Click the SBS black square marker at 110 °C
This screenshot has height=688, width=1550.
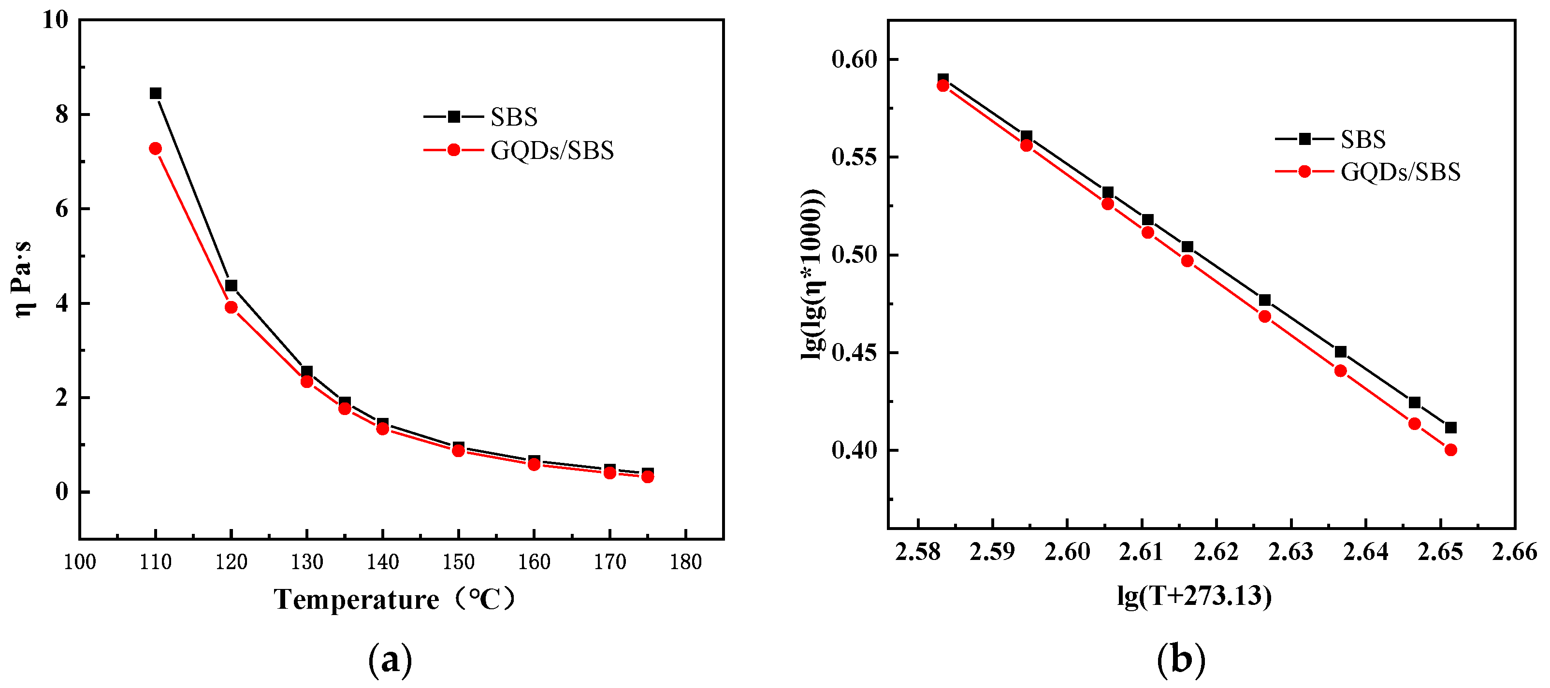click(x=155, y=93)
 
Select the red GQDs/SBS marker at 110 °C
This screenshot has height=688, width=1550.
click(x=155, y=148)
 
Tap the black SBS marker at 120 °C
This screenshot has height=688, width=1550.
click(x=231, y=286)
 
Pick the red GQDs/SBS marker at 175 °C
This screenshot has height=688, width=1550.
click(x=648, y=477)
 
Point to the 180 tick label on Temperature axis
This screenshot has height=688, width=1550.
click(x=686, y=562)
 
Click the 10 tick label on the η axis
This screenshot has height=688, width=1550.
click(x=56, y=20)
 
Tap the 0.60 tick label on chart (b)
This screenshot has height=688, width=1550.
click(x=854, y=59)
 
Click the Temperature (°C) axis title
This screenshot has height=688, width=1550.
click(x=394, y=600)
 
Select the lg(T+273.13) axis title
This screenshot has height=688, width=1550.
click(x=1194, y=596)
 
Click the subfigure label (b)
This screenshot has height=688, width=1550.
click(x=1181, y=659)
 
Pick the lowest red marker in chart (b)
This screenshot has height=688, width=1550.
click(x=1451, y=450)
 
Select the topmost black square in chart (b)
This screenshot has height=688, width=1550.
click(x=943, y=79)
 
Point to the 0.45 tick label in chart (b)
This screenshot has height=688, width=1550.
click(x=854, y=353)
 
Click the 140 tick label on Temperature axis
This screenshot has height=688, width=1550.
click(x=383, y=562)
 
